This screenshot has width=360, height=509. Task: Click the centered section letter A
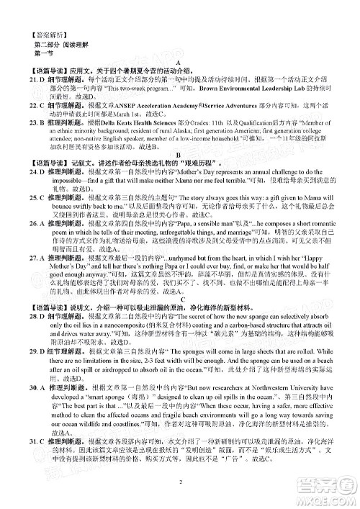click(185, 62)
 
